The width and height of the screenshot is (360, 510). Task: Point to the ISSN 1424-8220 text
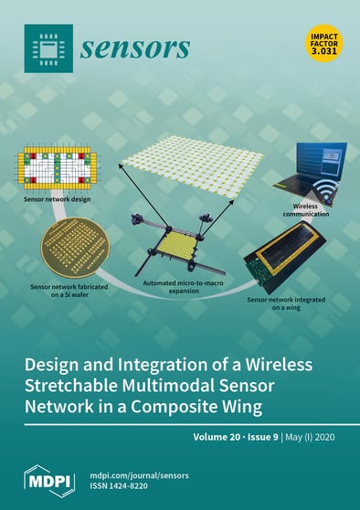122,485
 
